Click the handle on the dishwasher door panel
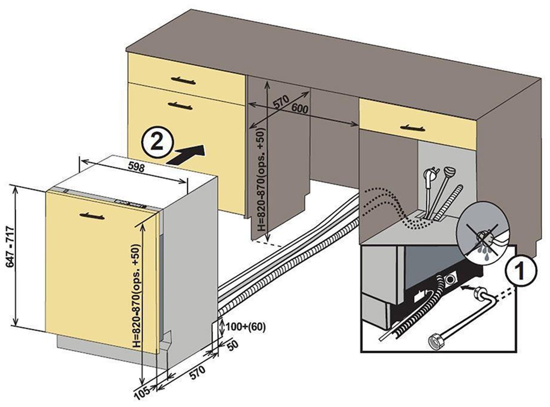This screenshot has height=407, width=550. click(x=93, y=215)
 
